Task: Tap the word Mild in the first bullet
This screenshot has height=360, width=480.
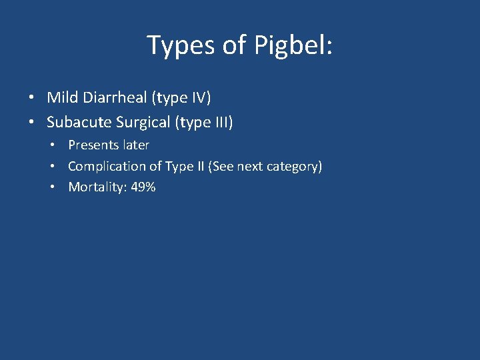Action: click(61, 98)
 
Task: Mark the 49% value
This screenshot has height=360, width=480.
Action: click(143, 187)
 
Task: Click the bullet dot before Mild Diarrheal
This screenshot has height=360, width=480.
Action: click(32, 99)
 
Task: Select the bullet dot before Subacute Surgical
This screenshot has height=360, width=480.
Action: click(32, 123)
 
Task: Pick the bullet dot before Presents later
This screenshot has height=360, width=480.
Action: click(54, 145)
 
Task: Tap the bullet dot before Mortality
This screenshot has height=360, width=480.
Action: click(54, 188)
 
